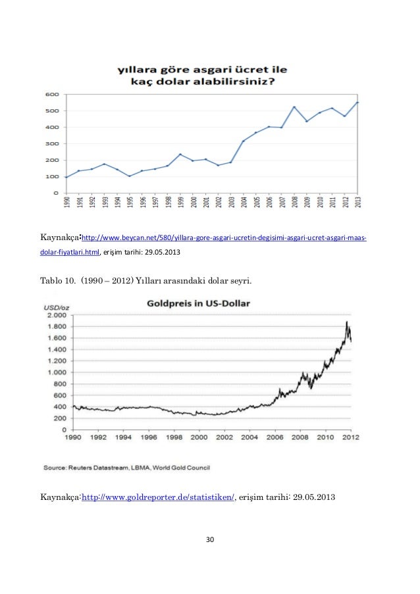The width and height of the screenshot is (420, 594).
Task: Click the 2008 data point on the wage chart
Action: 294,107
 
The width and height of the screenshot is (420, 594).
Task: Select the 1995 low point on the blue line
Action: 129,176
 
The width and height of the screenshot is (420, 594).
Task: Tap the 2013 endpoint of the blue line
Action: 357,102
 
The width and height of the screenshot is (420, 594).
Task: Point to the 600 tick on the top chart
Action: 52,94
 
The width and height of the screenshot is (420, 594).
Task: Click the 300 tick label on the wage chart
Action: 52,143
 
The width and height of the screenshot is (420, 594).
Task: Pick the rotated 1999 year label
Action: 181,201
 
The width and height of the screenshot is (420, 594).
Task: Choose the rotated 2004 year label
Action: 244,201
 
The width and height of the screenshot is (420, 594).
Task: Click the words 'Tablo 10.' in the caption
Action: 58,281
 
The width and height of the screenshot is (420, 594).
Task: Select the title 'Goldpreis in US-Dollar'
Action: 198,303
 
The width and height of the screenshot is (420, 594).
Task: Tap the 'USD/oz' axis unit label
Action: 57,308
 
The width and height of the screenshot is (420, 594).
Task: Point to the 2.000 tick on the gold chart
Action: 57,315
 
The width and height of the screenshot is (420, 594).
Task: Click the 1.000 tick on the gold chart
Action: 57,372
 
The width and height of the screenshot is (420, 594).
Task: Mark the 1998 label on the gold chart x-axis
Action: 174,437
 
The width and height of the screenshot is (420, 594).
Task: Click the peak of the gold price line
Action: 346,322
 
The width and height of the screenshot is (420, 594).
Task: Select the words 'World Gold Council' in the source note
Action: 181,468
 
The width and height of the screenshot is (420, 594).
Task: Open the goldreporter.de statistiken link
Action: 158,497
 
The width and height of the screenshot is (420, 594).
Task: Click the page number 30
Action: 210,539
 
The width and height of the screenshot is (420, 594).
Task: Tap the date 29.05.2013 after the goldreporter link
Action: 314,497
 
